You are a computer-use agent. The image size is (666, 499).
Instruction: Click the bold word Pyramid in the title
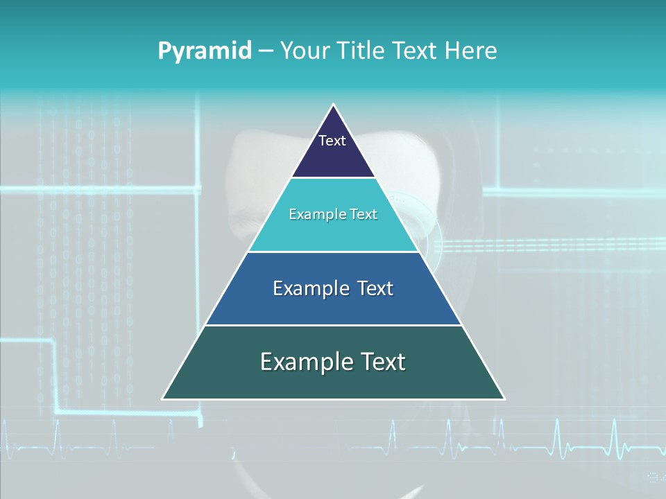[x=205, y=51]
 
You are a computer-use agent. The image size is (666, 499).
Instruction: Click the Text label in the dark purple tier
[x=332, y=141]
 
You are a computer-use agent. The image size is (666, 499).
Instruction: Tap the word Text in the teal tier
[x=363, y=215]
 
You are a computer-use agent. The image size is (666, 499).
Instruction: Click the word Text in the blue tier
[x=375, y=289]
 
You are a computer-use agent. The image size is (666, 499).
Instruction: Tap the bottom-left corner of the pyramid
[x=163, y=399]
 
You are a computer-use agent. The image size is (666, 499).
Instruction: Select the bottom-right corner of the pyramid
[x=504, y=399]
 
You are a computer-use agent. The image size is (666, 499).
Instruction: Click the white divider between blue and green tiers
[x=334, y=325]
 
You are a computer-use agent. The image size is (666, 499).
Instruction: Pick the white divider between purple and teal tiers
[x=334, y=178]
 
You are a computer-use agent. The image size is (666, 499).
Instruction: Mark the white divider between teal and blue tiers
[x=334, y=252]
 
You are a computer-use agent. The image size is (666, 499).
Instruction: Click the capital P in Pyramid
[x=164, y=51]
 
